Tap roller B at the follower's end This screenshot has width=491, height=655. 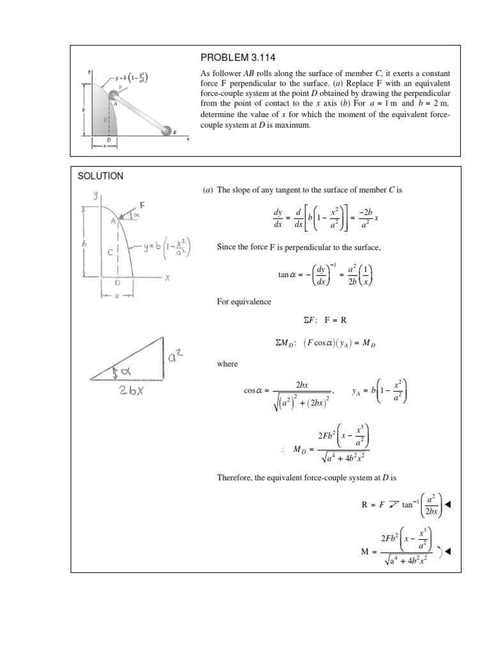pyautogui.click(x=168, y=130)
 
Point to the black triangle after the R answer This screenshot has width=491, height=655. pyautogui.click(x=448, y=505)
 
